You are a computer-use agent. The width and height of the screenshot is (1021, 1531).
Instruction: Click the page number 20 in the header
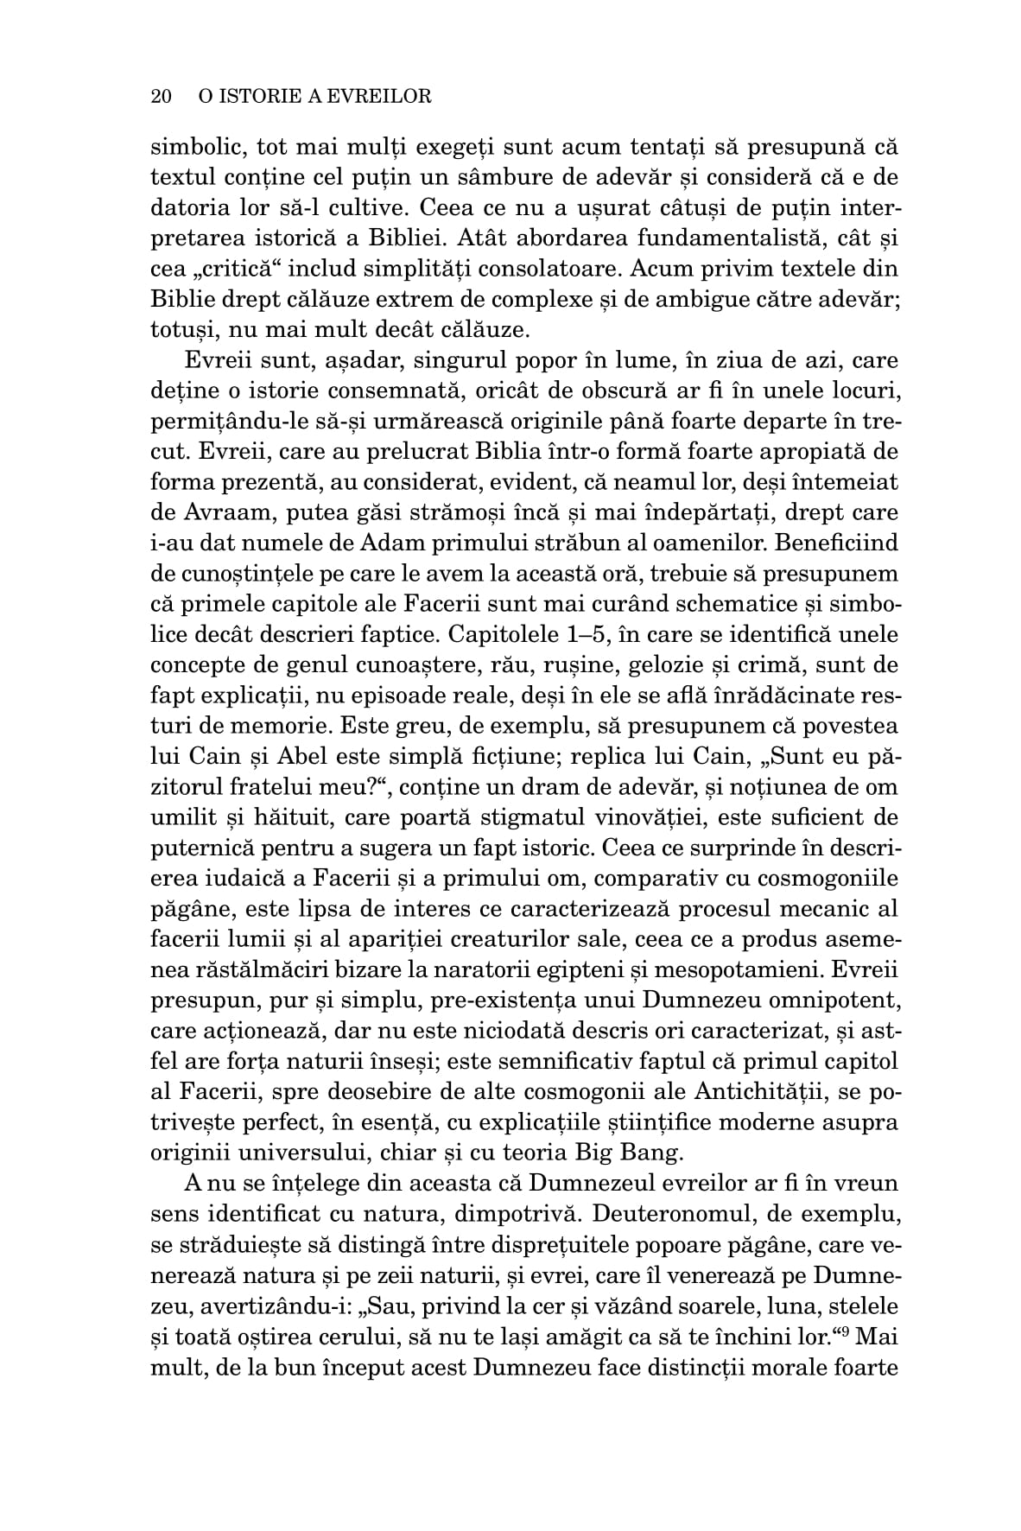click(162, 96)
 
